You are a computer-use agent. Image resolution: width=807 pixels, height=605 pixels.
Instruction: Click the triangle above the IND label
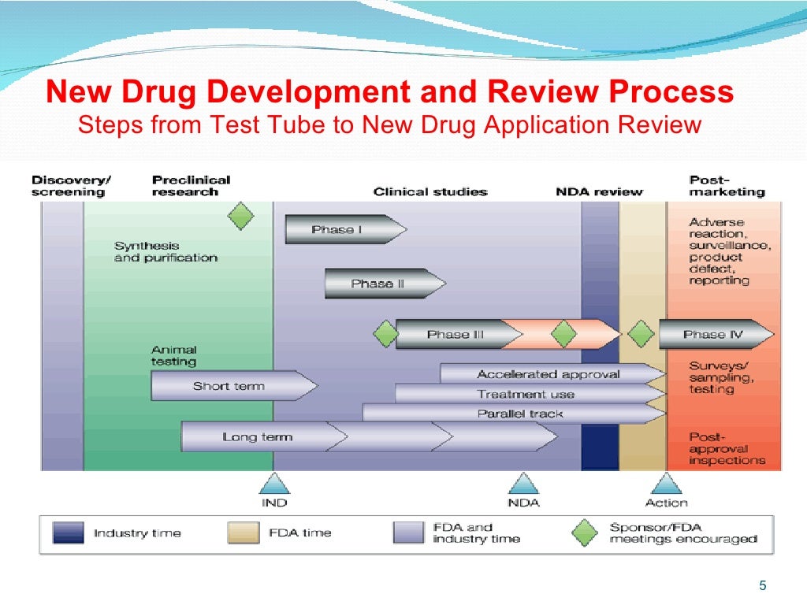pyautogui.click(x=274, y=484)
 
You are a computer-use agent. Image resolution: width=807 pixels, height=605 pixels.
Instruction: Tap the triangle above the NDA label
pyautogui.click(x=523, y=484)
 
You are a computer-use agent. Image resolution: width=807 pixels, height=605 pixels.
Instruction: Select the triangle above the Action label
pyautogui.click(x=666, y=484)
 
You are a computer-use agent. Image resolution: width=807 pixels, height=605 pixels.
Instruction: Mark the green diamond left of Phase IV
pyautogui.click(x=641, y=334)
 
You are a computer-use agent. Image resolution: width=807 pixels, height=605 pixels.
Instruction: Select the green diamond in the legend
pyautogui.click(x=585, y=533)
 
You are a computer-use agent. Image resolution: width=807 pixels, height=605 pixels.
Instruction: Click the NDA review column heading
pyautogui.click(x=599, y=191)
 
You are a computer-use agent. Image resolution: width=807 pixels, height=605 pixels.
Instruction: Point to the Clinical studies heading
pyautogui.click(x=430, y=191)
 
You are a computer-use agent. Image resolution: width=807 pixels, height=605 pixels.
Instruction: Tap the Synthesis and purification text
pyautogui.click(x=165, y=252)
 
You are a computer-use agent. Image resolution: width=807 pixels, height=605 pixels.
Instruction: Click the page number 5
pyautogui.click(x=762, y=585)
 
